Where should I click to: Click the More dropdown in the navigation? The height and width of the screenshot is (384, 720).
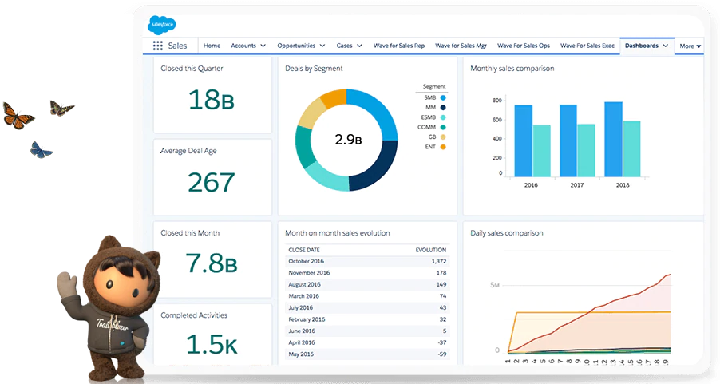[690, 46]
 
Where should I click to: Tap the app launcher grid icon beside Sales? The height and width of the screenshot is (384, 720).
[157, 46]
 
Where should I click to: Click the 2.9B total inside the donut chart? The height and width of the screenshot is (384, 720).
[346, 140]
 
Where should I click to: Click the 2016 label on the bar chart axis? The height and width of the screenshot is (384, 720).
[531, 185]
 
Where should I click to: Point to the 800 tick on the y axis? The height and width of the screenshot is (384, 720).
[496, 101]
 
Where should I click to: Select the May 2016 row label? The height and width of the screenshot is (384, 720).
[303, 354]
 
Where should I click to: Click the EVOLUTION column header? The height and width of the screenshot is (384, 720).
[431, 249]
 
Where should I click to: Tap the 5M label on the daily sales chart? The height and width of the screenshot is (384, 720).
[495, 285]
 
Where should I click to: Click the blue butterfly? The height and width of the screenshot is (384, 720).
[41, 149]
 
